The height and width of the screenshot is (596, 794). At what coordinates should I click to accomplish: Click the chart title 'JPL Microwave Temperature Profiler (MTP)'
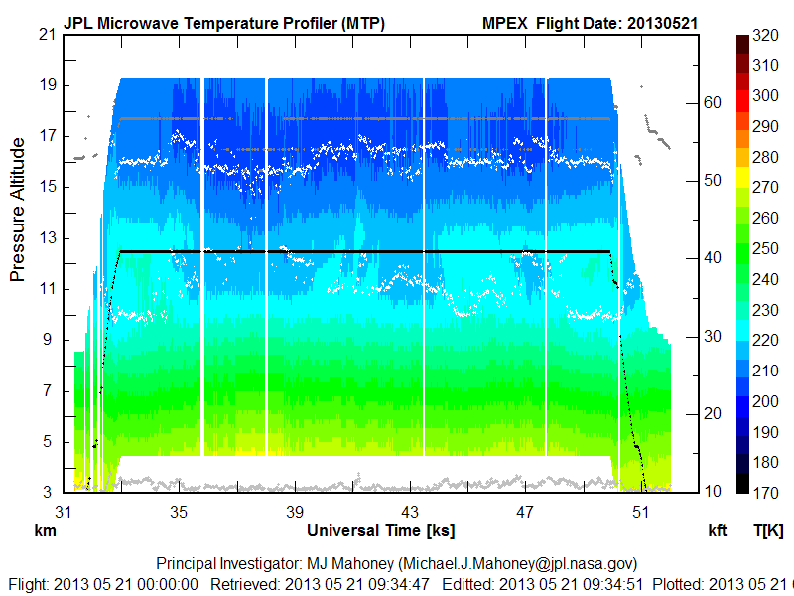click(x=224, y=22)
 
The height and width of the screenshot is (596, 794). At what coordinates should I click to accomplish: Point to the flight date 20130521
click(x=668, y=22)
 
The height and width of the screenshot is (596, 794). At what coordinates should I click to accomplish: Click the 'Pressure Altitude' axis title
click(x=18, y=210)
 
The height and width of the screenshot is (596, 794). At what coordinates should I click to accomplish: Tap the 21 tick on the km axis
click(x=46, y=34)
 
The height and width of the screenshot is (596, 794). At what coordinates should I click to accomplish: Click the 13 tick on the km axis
click(x=46, y=237)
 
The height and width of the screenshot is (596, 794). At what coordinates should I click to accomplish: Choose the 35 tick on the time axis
click(x=179, y=511)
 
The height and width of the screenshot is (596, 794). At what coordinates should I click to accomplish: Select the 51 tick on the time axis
click(x=640, y=511)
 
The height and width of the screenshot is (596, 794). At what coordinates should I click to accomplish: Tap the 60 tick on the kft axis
click(x=712, y=101)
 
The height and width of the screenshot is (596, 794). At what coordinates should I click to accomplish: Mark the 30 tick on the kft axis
click(x=712, y=336)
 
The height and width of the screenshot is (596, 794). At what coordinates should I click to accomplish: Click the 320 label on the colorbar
click(x=765, y=34)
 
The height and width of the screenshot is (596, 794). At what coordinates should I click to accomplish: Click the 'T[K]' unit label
click(x=767, y=530)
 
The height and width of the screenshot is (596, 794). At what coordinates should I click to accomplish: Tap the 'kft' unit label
click(x=719, y=530)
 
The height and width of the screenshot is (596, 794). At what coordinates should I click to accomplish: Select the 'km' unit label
click(x=45, y=530)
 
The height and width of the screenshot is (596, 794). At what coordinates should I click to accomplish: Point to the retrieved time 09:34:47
click(x=399, y=583)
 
